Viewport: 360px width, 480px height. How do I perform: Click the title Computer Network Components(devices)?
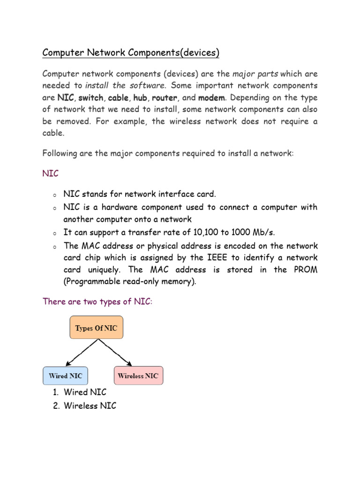click(131, 52)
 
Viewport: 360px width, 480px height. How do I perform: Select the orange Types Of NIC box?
click(97, 328)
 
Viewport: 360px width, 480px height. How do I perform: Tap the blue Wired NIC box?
click(65, 375)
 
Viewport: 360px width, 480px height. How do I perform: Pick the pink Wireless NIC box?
click(138, 375)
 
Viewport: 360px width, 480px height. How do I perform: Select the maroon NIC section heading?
click(51, 173)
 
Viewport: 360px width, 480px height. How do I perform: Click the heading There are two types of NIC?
click(97, 301)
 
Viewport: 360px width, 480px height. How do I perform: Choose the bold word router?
click(165, 98)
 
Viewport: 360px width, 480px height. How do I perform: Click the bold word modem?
click(212, 98)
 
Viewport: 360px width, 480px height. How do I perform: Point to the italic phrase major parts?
click(255, 74)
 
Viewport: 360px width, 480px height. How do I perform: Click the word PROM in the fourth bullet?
click(307, 270)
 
